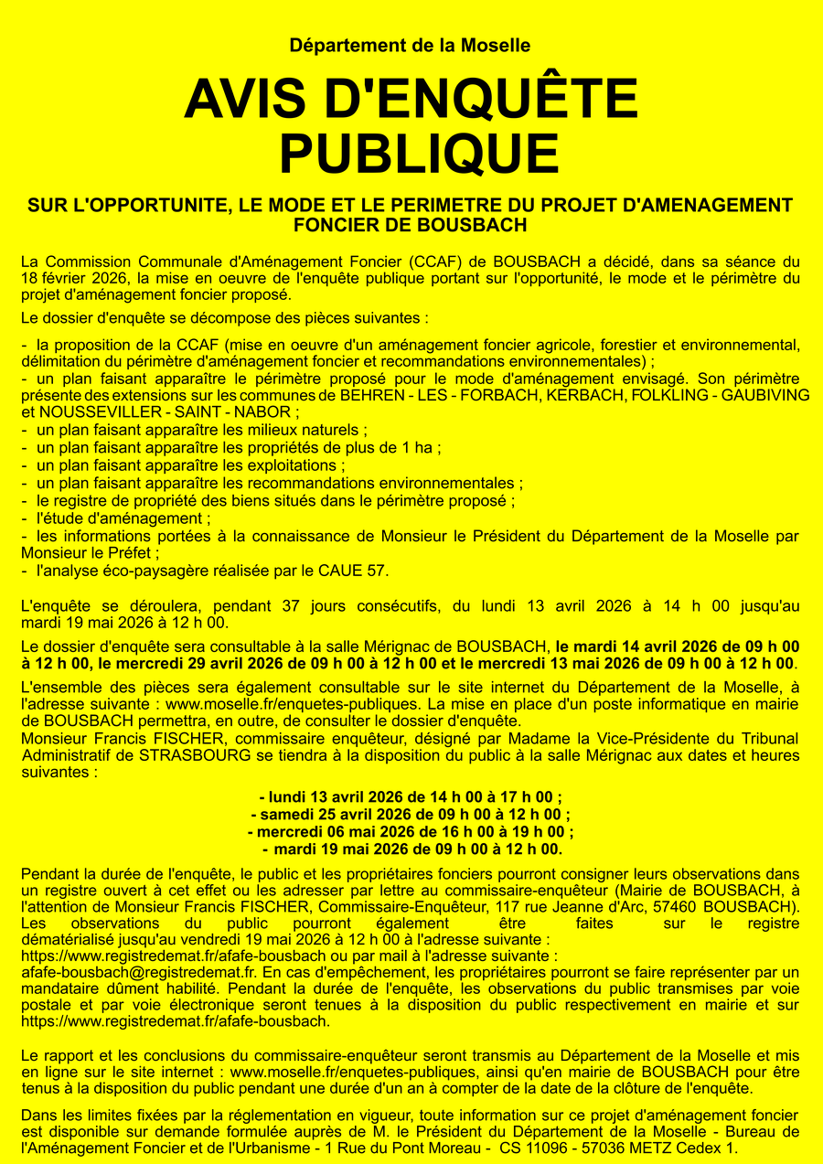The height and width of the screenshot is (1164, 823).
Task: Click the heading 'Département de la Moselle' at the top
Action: click(x=410, y=46)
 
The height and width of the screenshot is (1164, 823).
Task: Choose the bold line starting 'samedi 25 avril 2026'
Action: click(x=411, y=815)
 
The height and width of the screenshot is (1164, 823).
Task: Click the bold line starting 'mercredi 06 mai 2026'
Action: click(x=411, y=832)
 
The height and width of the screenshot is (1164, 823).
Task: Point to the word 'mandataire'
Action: click(x=63, y=988)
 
